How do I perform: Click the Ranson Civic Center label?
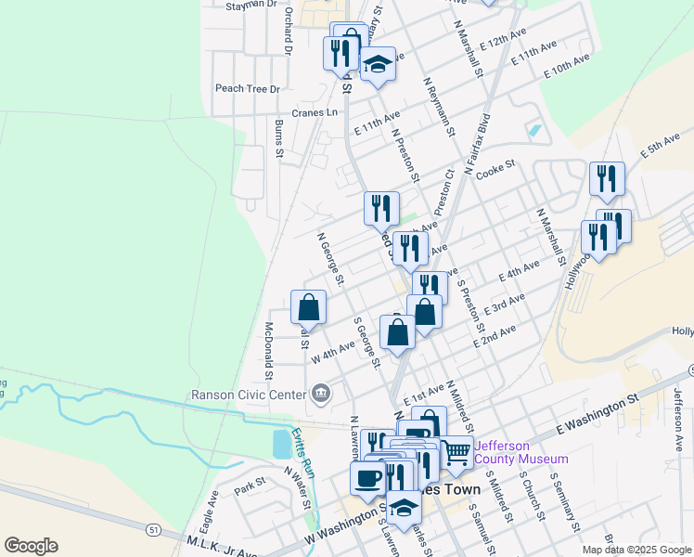click(248, 395)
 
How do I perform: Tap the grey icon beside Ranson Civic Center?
click(321, 394)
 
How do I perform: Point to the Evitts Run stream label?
click(303, 451)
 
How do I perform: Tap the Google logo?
click(31, 545)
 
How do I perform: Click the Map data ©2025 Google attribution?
click(636, 550)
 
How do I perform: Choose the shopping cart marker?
click(456, 453)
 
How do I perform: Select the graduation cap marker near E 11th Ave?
click(378, 65)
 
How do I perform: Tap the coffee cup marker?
click(367, 478)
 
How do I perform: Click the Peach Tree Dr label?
click(247, 89)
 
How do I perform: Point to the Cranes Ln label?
click(315, 112)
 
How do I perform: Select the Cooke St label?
click(495, 169)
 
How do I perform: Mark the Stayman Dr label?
click(252, 5)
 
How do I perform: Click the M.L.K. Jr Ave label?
click(223, 545)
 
